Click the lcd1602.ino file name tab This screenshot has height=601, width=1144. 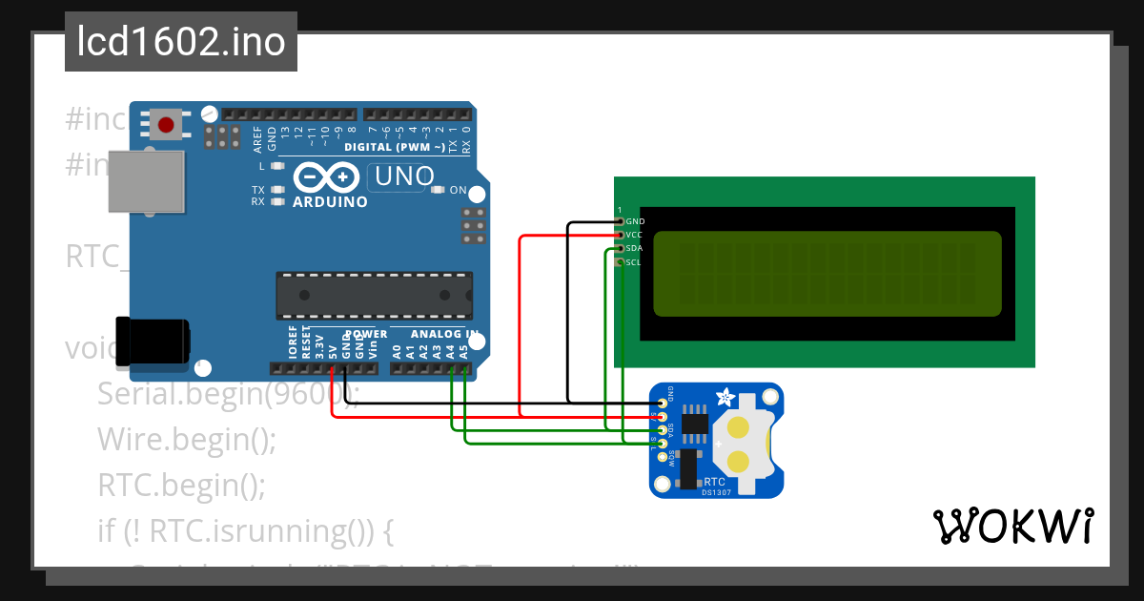coord(181,42)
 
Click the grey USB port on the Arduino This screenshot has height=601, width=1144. coord(145,180)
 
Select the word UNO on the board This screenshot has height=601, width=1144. coord(404,176)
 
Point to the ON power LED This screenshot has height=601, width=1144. coord(439,190)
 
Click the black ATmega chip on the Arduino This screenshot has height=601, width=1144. coord(374,295)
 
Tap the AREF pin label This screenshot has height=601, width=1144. coord(258,141)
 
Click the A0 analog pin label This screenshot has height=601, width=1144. coord(397,350)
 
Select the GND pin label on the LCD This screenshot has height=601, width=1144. coord(635,221)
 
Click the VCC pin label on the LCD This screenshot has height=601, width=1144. coord(634,235)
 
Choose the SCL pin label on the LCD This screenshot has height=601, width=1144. coord(633,261)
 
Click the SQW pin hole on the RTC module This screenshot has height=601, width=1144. coord(663,458)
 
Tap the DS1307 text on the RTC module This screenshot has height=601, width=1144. coord(716,492)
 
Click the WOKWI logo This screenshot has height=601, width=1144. coord(1012,526)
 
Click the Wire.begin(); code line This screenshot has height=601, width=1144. coord(186,440)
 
